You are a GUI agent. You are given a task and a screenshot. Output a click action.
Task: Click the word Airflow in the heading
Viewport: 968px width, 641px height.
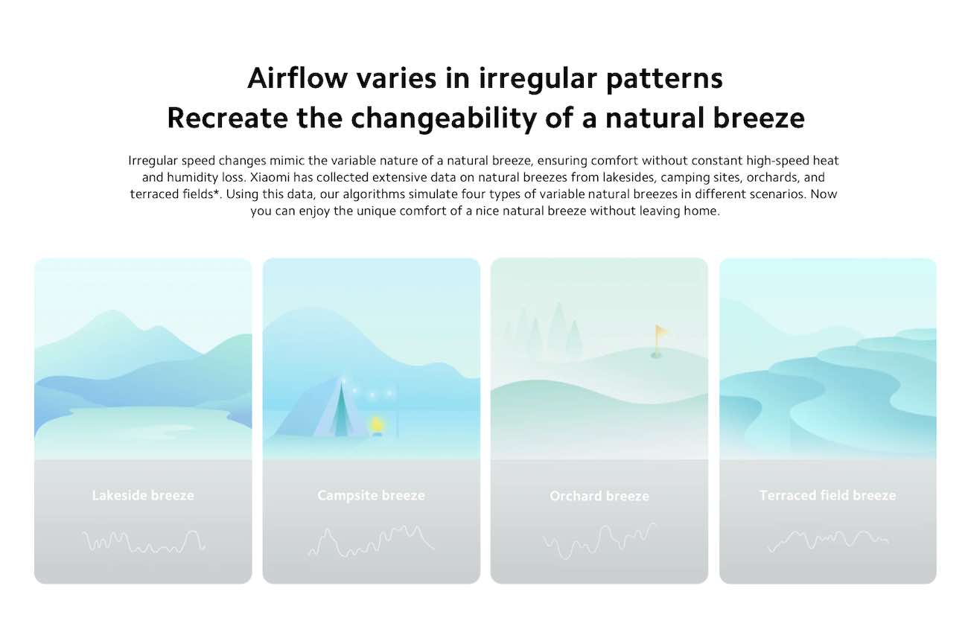coord(297,79)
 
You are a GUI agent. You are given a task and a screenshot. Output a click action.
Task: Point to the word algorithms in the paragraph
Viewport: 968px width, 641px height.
coord(374,194)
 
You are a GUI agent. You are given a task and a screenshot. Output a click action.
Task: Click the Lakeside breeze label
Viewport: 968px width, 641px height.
coord(143,495)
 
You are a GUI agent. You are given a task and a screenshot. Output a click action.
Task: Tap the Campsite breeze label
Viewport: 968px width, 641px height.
coord(372,495)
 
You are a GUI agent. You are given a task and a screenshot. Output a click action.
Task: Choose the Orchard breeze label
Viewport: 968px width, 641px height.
coord(599,496)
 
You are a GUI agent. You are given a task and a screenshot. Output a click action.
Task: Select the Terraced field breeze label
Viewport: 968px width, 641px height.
coord(827,495)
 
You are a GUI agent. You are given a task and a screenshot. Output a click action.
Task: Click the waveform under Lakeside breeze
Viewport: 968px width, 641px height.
coord(144,542)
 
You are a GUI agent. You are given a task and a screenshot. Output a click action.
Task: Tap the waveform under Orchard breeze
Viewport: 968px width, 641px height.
coord(599,541)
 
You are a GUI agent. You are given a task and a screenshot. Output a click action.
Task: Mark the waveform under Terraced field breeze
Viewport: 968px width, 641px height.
coord(827,541)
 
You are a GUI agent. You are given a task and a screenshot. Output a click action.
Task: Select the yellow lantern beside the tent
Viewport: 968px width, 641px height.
coord(376,425)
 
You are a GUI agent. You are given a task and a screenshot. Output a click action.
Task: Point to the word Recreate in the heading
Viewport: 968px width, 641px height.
coord(227,118)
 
